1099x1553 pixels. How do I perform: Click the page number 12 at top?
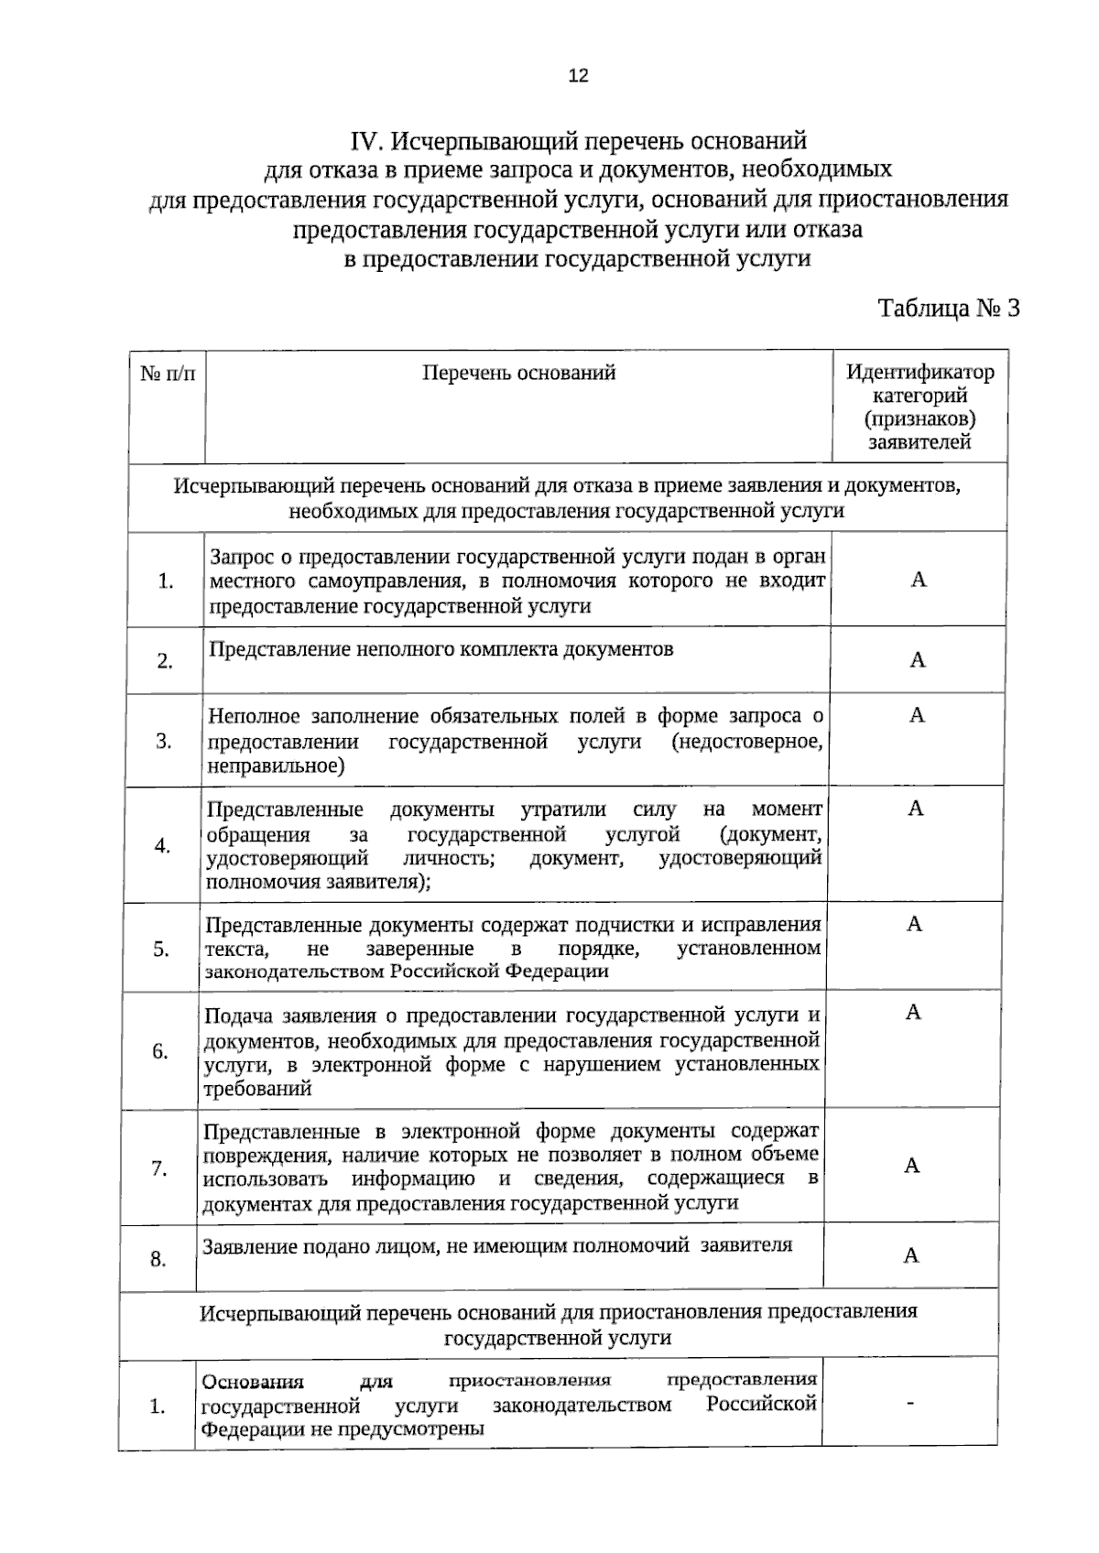point(578,76)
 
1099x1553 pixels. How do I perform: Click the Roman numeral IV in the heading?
point(364,142)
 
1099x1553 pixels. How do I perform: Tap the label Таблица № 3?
point(949,308)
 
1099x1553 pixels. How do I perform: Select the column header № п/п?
point(168,374)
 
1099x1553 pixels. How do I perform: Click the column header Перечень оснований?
point(518,373)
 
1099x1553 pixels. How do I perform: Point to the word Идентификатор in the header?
point(919,373)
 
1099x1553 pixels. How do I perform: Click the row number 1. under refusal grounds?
point(166,581)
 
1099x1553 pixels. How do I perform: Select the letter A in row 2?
point(918,660)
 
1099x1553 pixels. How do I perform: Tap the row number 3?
point(164,741)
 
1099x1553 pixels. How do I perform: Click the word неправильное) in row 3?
point(276,766)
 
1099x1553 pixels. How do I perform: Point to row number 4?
point(162,845)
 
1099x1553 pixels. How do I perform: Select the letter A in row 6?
point(913,1012)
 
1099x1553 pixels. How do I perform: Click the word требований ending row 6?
point(257,1089)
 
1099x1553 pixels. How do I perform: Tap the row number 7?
point(159,1168)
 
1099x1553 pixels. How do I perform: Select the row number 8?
point(158,1259)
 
